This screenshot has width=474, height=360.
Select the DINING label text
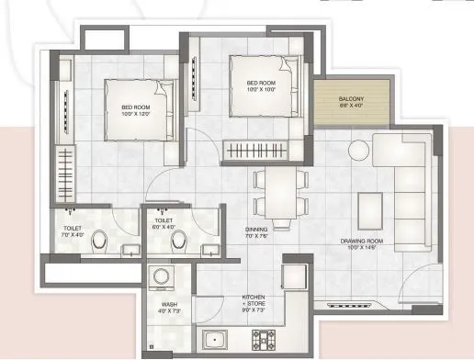[x=256, y=230]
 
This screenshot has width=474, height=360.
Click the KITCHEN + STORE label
[x=253, y=301]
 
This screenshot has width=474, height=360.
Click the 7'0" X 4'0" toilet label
[x=73, y=229]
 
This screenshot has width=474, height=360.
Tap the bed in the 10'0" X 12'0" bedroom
[x=138, y=108]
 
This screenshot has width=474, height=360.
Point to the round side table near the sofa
[x=357, y=150]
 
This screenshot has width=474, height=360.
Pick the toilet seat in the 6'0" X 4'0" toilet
[x=181, y=242]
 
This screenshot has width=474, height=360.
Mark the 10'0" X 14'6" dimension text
[x=361, y=248]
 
